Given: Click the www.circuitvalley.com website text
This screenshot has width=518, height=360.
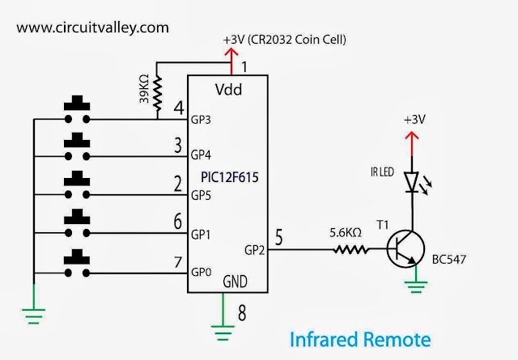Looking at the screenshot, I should point(93,27).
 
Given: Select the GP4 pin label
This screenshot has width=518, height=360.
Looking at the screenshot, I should point(202,155).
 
